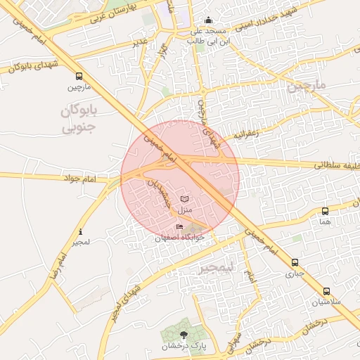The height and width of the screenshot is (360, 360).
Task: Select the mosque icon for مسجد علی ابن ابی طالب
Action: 207,21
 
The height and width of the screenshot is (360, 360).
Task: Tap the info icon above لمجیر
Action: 81,231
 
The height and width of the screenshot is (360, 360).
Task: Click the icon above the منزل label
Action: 185,199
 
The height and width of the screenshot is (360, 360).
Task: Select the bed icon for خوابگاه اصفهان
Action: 179,226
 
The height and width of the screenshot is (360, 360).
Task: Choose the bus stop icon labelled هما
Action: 325,211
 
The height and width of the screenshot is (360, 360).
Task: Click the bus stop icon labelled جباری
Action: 295,263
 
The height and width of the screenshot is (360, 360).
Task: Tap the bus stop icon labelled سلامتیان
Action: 326,291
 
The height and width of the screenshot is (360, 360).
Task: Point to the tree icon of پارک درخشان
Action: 184,335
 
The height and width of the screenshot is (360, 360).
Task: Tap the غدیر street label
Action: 140,43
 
